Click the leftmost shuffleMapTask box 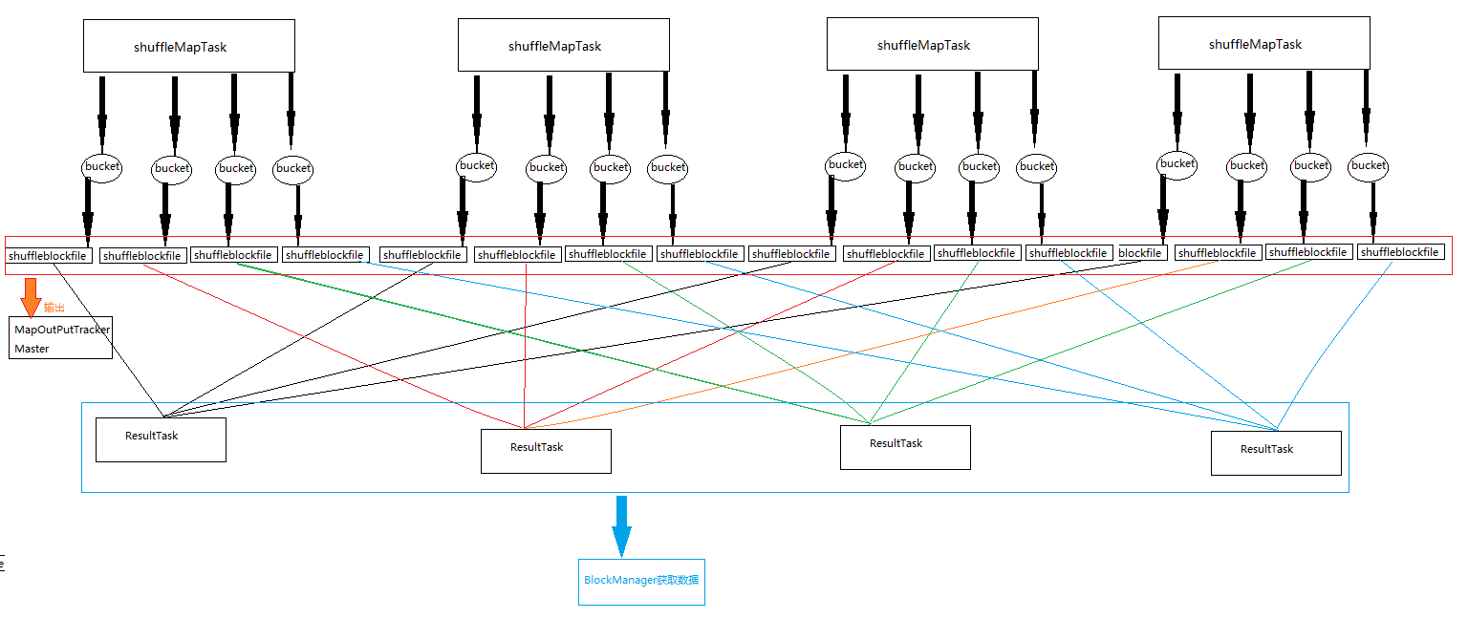coord(188,46)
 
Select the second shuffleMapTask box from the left coord(563,45)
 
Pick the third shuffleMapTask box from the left coord(932,44)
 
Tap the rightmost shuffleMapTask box coord(1263,43)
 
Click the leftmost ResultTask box coord(161,439)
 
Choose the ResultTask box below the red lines coord(546,451)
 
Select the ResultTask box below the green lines coord(905,447)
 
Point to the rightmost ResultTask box coord(1276,453)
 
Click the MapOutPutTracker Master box coord(62,338)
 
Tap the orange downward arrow coord(31,296)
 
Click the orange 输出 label coord(54,308)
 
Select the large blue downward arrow coord(621,524)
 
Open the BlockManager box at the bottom coord(641,581)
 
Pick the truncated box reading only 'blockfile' coord(1141,253)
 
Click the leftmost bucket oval coord(101,166)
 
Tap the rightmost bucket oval coord(1369,165)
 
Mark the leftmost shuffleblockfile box coord(49,256)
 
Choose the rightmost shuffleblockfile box coord(1400,252)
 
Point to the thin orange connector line coord(860,344)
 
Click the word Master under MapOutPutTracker coord(32,349)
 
